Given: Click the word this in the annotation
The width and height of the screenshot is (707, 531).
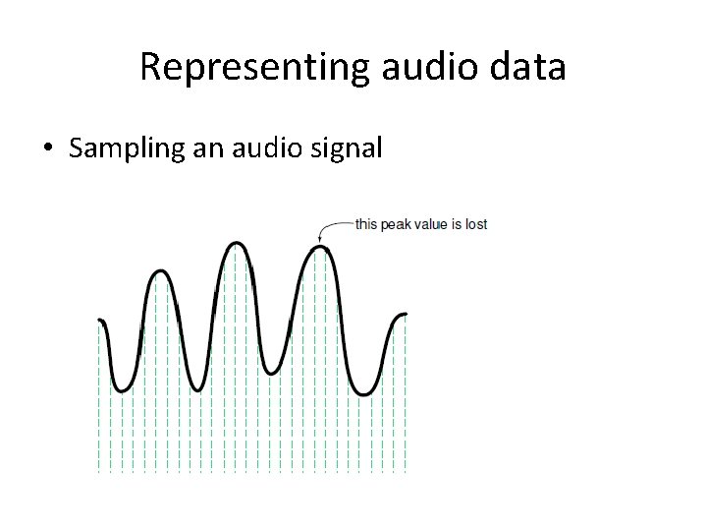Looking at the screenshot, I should tap(366, 224).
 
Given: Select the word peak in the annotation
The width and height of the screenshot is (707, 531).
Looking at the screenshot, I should tap(394, 224).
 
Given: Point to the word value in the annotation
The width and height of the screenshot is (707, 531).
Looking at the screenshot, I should tap(430, 224).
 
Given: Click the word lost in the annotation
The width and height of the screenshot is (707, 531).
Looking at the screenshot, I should tap(476, 224).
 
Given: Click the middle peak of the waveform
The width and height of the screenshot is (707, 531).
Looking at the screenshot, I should tap(235, 244).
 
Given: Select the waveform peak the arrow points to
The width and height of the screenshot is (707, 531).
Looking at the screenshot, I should tap(319, 249).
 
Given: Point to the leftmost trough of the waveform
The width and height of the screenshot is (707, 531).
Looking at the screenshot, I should tap(121, 390).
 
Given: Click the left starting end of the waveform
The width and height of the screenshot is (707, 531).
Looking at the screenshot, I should tap(100, 321).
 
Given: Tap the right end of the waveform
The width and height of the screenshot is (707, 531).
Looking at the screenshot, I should tap(404, 316).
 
